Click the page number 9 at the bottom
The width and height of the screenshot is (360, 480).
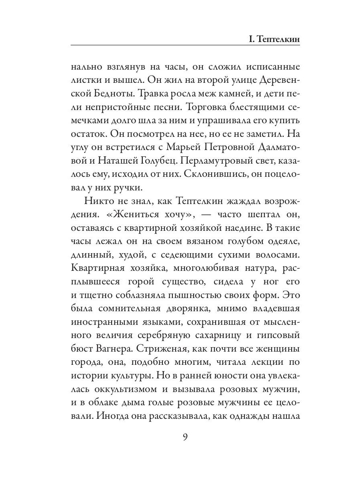[185, 436]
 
